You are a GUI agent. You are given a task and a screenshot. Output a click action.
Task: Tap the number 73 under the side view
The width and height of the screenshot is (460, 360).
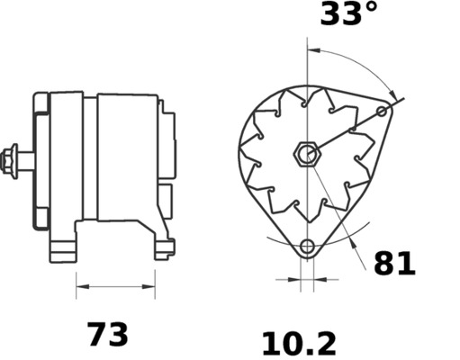pos(107,335)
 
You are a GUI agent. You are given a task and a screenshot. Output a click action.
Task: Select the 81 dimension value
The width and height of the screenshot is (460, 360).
pos(394,264)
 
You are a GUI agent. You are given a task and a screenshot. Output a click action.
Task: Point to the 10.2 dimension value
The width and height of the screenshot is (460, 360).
pos(298,343)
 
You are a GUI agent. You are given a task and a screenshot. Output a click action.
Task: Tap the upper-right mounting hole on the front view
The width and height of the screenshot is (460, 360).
pos(383,111)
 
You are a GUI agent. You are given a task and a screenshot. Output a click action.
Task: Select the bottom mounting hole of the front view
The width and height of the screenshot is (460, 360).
pos(308,246)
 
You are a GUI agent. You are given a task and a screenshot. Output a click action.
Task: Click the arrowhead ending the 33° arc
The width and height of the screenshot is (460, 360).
pos(393,94)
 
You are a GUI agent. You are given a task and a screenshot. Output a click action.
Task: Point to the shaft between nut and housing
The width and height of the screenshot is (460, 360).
pos(27,160)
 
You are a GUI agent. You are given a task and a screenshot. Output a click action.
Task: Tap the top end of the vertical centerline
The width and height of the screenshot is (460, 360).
pos(308,43)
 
